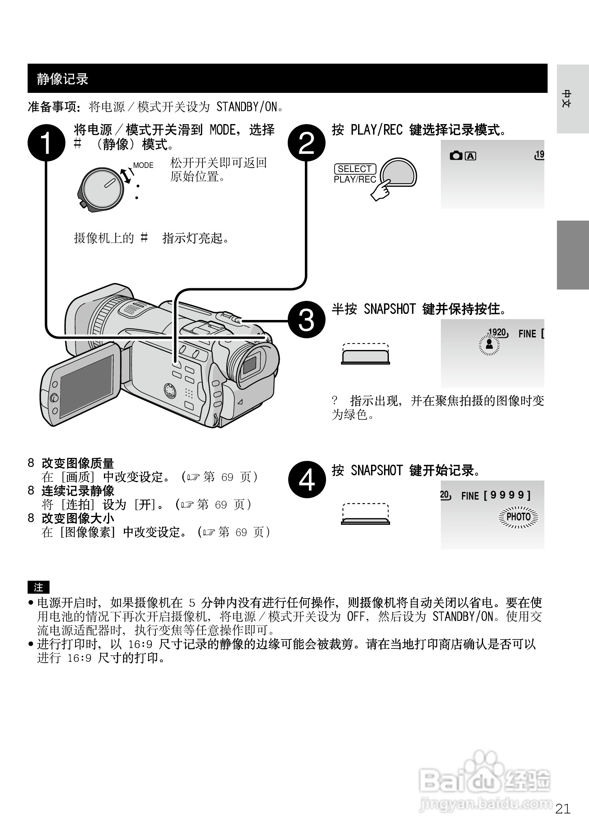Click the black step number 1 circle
46,143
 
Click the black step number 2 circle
306,143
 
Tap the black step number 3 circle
306,320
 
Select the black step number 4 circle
306,480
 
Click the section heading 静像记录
63,79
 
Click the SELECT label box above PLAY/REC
355,169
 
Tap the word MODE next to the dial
143,165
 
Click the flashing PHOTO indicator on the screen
518,517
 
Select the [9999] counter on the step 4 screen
507,495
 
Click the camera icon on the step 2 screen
456,156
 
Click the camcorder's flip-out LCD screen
86,386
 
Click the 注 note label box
38,587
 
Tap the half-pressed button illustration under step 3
365,354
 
